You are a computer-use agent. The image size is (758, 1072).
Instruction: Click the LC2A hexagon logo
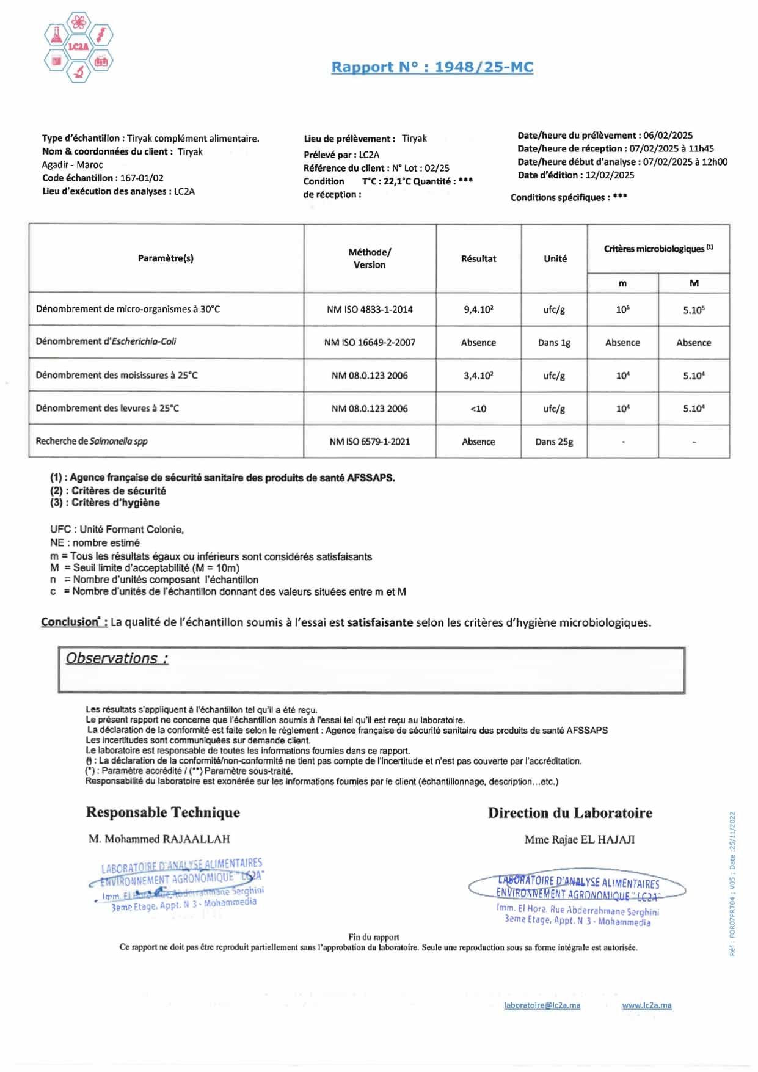(78, 46)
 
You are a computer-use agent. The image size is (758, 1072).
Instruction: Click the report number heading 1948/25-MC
(432, 67)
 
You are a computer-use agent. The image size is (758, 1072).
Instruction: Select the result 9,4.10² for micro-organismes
(478, 310)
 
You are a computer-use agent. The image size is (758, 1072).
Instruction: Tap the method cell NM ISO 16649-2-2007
(370, 343)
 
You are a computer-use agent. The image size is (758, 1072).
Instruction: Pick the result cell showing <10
(478, 409)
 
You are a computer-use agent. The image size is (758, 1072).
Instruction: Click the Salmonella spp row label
(92, 441)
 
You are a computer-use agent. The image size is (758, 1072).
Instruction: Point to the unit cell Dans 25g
(554, 442)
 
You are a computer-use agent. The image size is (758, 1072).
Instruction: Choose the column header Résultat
(478, 258)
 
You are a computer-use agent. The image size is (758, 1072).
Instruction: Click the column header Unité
(555, 258)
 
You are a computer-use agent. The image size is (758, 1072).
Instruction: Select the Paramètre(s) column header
(166, 258)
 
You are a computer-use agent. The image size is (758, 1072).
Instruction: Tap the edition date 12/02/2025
(610, 175)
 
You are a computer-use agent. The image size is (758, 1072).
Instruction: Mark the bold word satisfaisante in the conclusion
(380, 622)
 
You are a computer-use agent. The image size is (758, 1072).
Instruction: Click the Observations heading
(117, 658)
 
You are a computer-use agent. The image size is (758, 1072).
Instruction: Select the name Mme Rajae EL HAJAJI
(579, 840)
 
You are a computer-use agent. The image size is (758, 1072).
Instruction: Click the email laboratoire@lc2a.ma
(542, 1005)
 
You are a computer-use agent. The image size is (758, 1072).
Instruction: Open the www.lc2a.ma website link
(646, 1005)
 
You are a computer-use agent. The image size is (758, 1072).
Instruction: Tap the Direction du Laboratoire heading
(569, 813)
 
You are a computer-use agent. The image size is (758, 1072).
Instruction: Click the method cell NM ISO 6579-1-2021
(370, 442)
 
